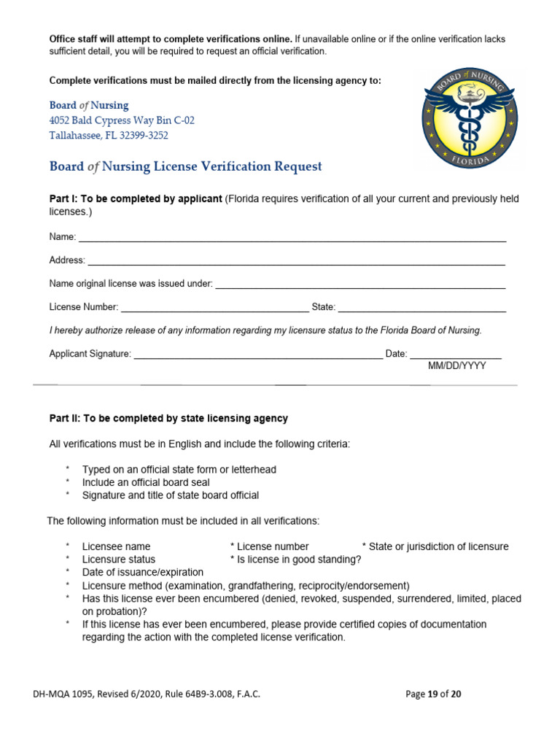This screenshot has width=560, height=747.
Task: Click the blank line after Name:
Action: pos(292,240)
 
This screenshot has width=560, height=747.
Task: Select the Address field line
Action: pos(296,263)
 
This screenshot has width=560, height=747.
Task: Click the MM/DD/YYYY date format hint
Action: pos(456,366)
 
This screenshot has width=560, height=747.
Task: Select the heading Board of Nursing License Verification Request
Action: pos(185,166)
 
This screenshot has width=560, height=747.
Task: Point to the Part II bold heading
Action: pos(168,419)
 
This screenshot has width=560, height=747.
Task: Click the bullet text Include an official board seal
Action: pos(146,482)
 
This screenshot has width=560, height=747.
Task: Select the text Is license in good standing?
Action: pos(295,560)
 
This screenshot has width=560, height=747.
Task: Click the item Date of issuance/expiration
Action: pos(143,572)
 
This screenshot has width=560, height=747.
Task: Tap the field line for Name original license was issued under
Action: pos(360,287)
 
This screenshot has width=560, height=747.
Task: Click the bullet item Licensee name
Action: pos(116,546)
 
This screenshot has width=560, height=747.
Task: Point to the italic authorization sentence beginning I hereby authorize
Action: pos(265,330)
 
